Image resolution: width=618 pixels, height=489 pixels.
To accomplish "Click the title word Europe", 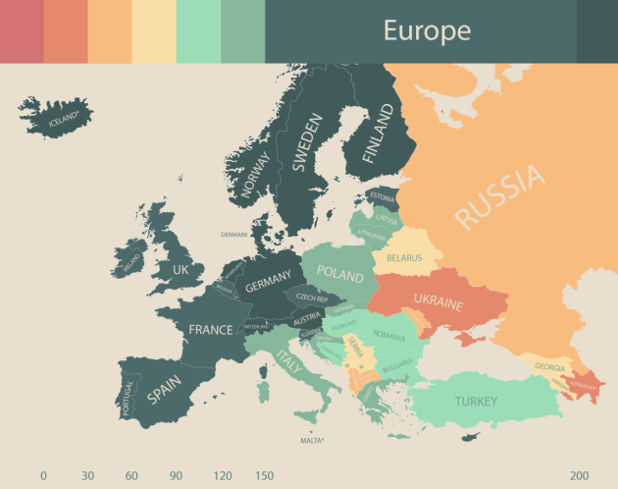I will [x=427, y=30].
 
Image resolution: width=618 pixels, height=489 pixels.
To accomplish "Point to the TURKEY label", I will [x=476, y=401].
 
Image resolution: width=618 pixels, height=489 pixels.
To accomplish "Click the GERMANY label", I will [x=268, y=285].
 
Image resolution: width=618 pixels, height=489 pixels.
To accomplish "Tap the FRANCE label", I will [x=211, y=330].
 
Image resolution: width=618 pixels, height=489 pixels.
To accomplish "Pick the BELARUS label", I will [x=404, y=258].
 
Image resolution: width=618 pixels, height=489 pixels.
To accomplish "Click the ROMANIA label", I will [x=388, y=337].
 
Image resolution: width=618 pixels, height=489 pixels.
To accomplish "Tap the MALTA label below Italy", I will [x=312, y=441].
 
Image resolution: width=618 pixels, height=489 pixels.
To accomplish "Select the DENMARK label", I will [x=234, y=235].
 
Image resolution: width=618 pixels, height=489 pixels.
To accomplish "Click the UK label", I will [x=180, y=269].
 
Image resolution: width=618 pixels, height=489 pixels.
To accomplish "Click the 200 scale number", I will [x=580, y=475].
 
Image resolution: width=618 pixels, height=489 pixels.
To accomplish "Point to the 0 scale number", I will [x=43, y=475].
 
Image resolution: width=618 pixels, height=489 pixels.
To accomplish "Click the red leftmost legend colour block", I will [x=22, y=30].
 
